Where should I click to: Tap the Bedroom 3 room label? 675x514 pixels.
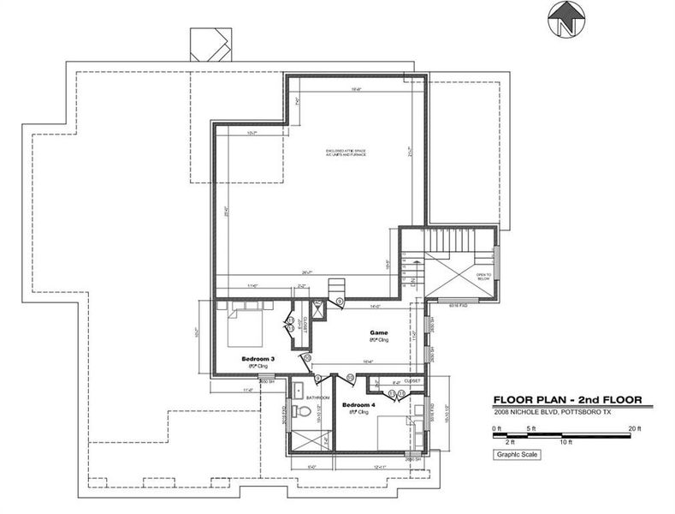(257, 358)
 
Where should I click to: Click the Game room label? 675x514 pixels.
(378, 332)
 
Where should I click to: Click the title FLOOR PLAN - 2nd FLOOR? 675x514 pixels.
(566, 399)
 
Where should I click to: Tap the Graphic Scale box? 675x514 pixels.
(517, 454)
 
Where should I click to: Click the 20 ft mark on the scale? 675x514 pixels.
(634, 427)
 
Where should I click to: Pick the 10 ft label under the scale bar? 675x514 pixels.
(565, 443)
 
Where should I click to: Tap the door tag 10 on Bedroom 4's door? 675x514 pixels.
(350, 377)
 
